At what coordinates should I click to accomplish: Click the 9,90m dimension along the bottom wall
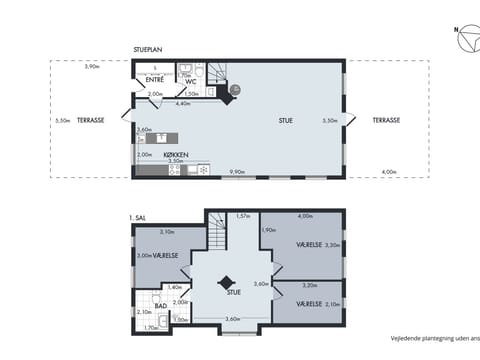pos(237,172)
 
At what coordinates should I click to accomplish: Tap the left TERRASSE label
pos(90,120)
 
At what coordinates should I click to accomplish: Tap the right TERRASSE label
pos(386,120)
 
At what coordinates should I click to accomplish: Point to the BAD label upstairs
pos(174,305)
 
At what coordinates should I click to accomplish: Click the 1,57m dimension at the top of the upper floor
pos(242,216)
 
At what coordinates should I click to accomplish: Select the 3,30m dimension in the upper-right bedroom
pos(333,245)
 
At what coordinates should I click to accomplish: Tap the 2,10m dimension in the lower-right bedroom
pos(333,303)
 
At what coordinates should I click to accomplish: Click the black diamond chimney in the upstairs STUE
pos(228,282)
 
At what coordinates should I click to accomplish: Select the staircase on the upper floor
pos(218,235)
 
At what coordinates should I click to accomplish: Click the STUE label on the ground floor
pos(286,120)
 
